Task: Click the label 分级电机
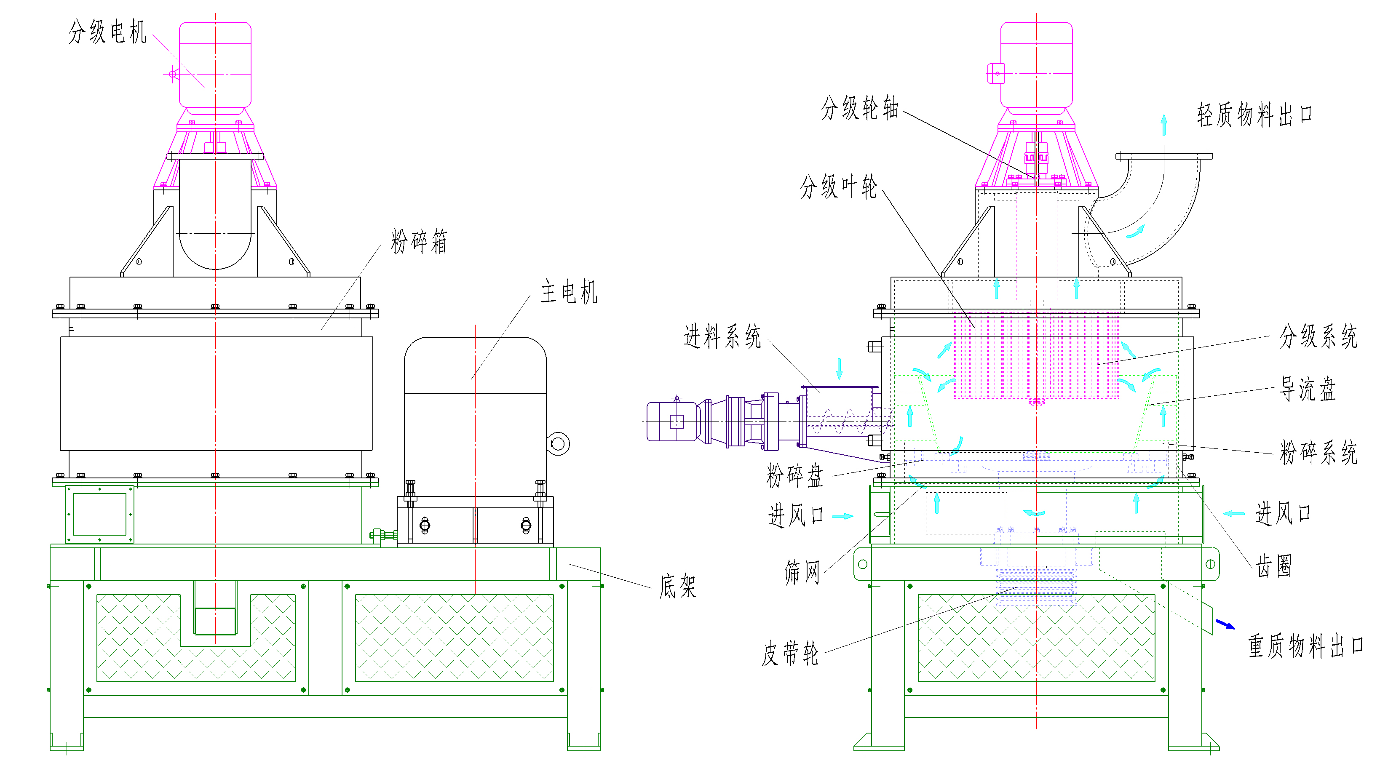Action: [107, 32]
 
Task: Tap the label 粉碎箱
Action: [419, 241]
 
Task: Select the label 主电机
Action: [569, 292]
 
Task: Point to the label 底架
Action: [678, 586]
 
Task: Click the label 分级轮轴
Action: [860, 108]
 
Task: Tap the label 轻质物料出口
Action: [1254, 115]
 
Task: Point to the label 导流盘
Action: [1308, 389]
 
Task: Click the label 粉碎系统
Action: [1318, 452]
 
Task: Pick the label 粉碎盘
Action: [795, 476]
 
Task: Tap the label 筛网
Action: [802, 572]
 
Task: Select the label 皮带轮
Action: [790, 654]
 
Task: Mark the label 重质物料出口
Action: [1305, 646]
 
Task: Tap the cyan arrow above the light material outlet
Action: [1164, 125]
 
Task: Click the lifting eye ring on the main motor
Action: [558, 444]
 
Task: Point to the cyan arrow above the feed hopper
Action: [839, 368]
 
